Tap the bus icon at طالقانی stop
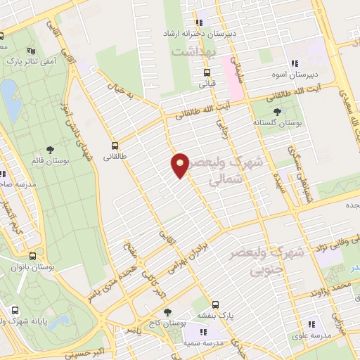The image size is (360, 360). point(115,146)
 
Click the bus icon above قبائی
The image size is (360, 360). point(207,72)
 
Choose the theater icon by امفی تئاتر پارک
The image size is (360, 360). point(30,51)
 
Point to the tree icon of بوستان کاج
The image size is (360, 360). point(167,312)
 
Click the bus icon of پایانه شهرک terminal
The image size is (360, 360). point(15,309)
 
